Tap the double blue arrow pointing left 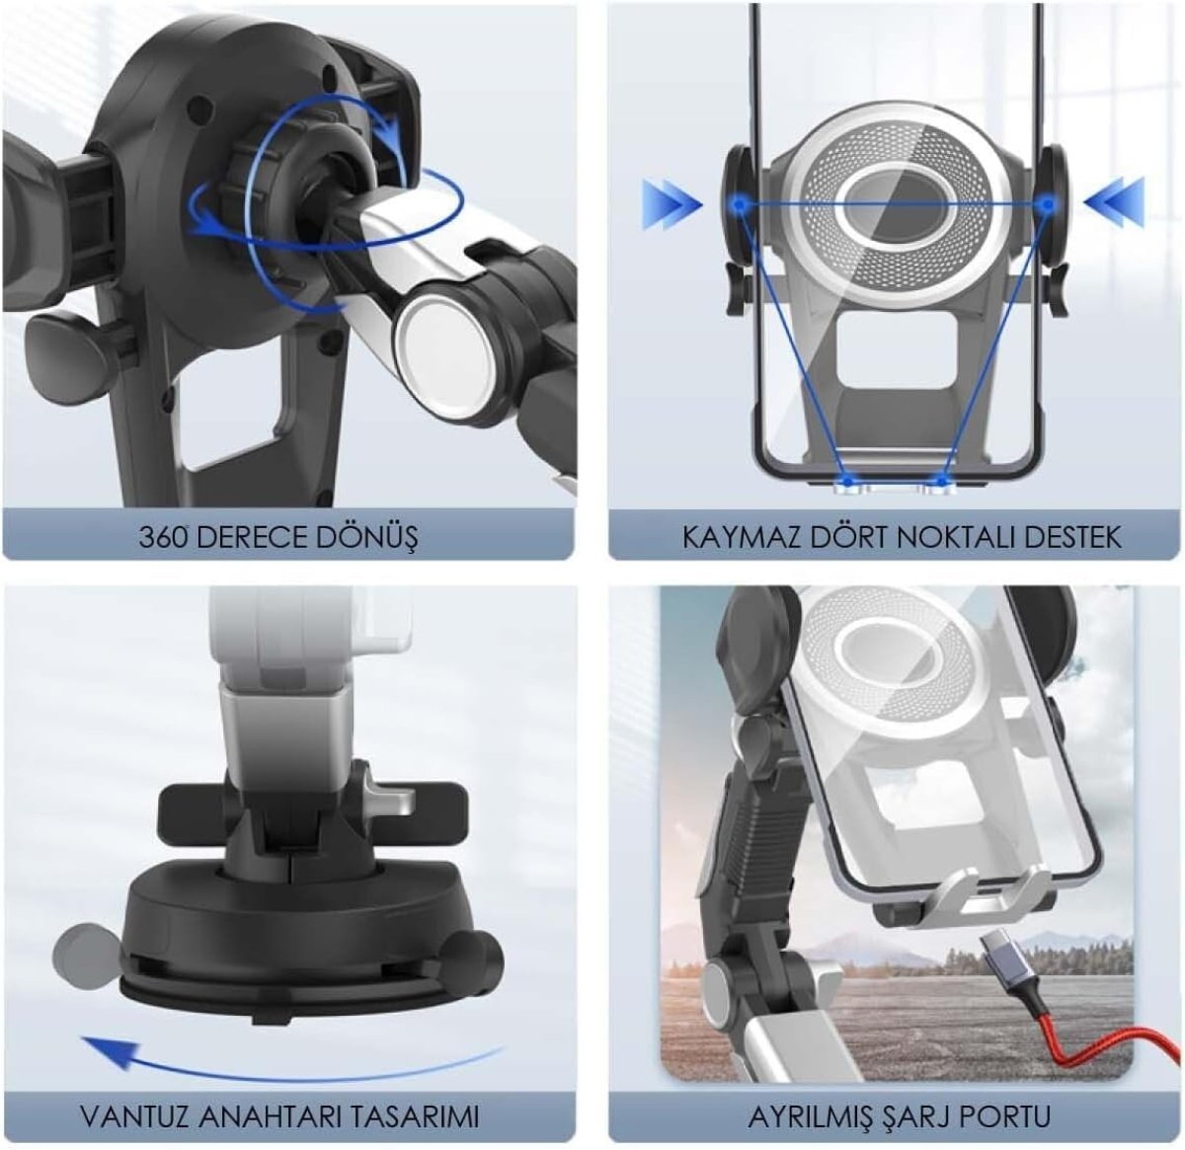click(x=1114, y=204)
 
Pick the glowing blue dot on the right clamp click(x=1048, y=204)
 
